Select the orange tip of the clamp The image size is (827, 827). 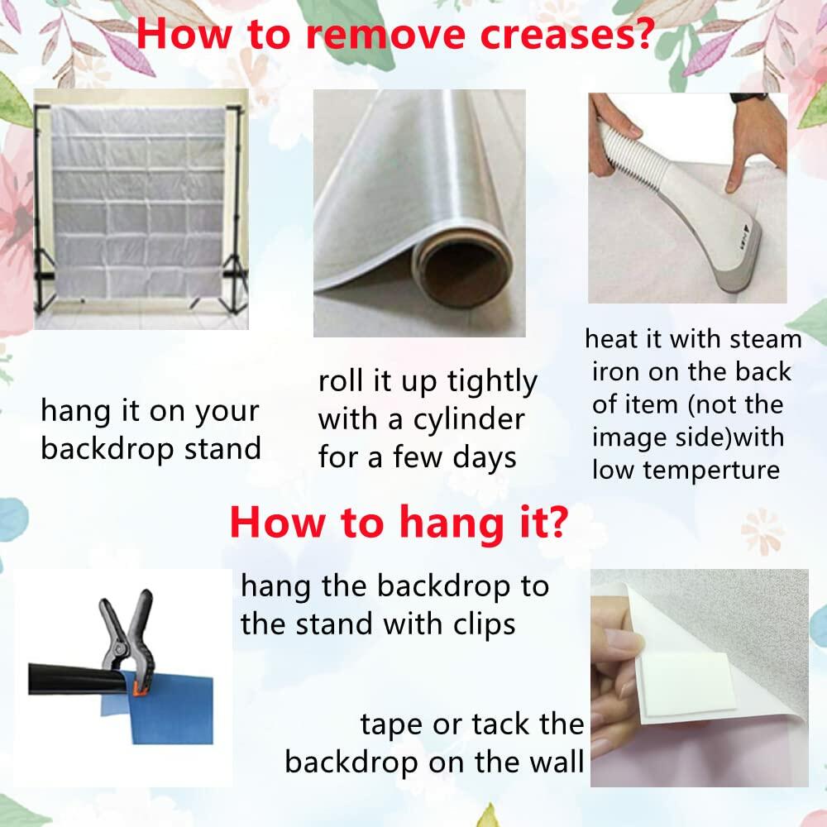tap(137, 687)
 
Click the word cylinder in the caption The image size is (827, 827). tap(469, 420)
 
